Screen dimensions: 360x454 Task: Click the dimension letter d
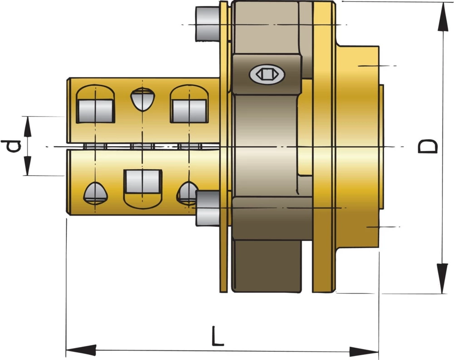click(13, 146)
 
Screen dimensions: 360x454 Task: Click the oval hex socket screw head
click(266, 73)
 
